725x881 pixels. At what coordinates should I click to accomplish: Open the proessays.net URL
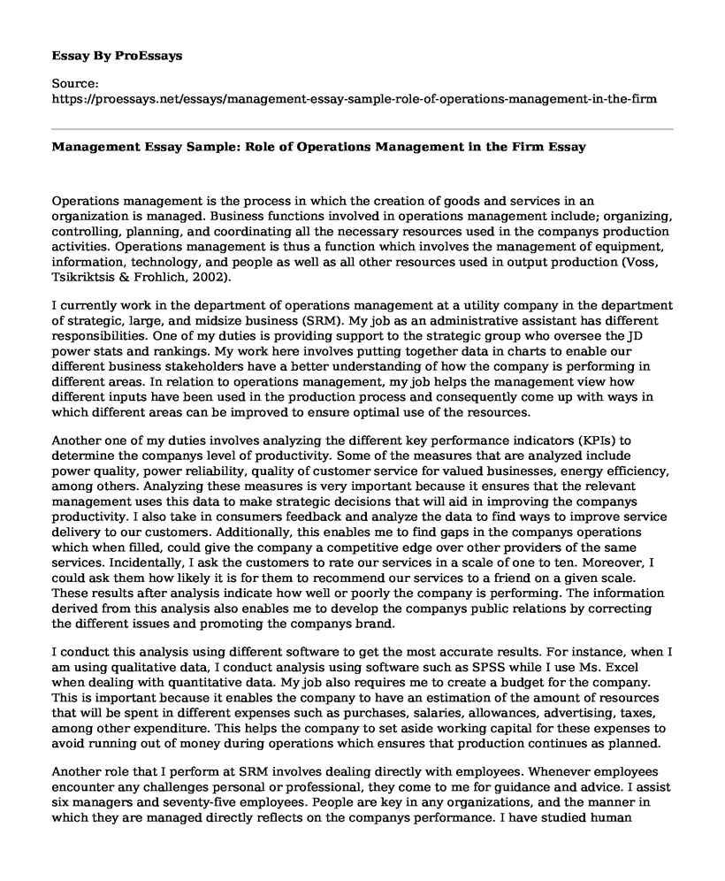pyautogui.click(x=355, y=100)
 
